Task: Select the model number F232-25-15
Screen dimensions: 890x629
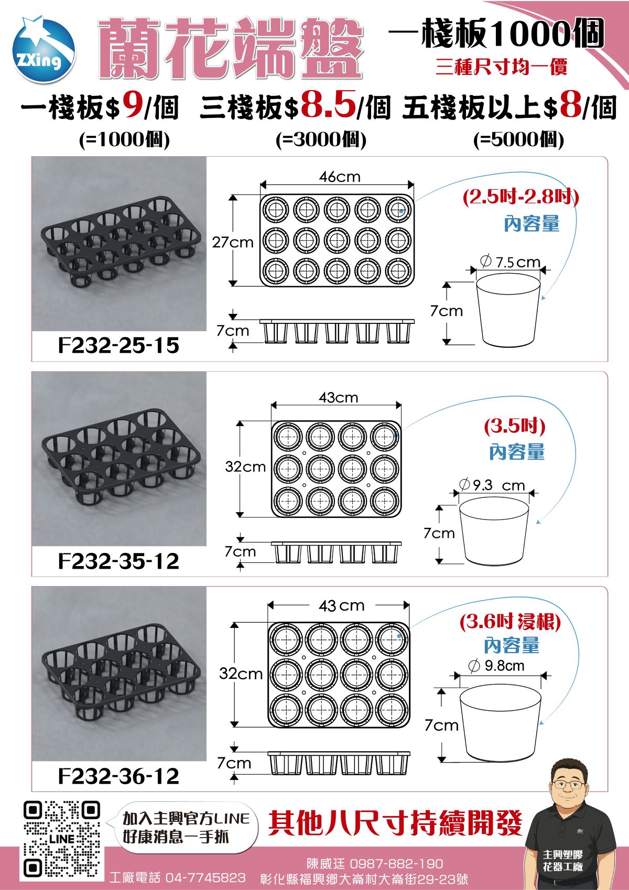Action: coord(118,345)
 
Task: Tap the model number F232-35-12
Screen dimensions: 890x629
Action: coord(118,561)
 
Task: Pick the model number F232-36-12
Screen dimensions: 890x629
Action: coord(118,776)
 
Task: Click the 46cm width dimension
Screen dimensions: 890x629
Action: coord(340,177)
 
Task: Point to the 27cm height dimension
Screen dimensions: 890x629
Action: coord(232,242)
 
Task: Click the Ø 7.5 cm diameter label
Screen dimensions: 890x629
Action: coord(510,262)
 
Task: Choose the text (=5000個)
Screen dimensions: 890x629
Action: coord(518,139)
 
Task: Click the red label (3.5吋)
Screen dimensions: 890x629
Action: coord(515,426)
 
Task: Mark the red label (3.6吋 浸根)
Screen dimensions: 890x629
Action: coord(510,622)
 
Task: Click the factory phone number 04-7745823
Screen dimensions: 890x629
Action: coord(205,877)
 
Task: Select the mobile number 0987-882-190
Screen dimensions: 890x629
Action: coord(396,863)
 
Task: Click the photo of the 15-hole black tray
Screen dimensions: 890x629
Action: coord(120,244)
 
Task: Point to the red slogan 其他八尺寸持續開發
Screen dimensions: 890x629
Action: coord(396,823)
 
